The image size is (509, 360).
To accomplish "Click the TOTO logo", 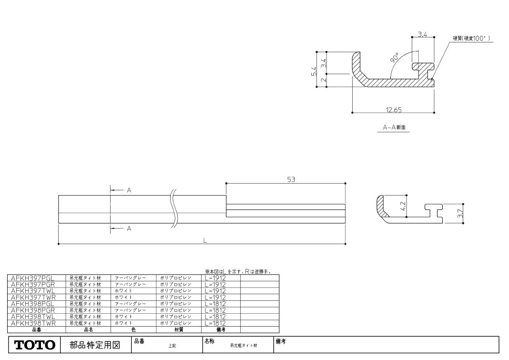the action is pos(35,345).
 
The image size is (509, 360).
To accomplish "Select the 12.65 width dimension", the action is pos(394,110).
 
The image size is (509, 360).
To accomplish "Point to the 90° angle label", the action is pos(395,58).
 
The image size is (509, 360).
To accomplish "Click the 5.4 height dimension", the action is pos(314,71).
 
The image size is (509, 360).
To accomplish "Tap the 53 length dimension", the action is pos(291,179).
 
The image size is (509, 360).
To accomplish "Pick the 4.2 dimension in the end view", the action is pos(403,206).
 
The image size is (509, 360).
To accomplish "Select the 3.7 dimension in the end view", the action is pos(459,214).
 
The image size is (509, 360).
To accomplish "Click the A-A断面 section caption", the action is pos(394,127).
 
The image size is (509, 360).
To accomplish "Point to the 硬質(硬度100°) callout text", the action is pos(472,38).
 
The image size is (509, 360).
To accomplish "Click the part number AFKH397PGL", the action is pos(32,278).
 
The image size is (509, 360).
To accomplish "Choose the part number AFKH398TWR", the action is pos(33,323).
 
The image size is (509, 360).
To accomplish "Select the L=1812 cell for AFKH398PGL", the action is pos(215,304).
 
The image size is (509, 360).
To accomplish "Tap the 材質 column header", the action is pos(179,330).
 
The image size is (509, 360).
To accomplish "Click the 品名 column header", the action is pos(88,330).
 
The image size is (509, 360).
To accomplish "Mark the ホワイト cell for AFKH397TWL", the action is pos(123,291).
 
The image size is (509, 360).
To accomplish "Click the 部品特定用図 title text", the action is pos(95,345).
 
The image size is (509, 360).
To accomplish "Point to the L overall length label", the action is pos(205,240).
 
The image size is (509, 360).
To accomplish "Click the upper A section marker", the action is pos(129,190).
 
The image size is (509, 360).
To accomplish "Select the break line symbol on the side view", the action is pos(173,208).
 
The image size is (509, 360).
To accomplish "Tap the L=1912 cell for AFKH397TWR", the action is pos(215,297).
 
